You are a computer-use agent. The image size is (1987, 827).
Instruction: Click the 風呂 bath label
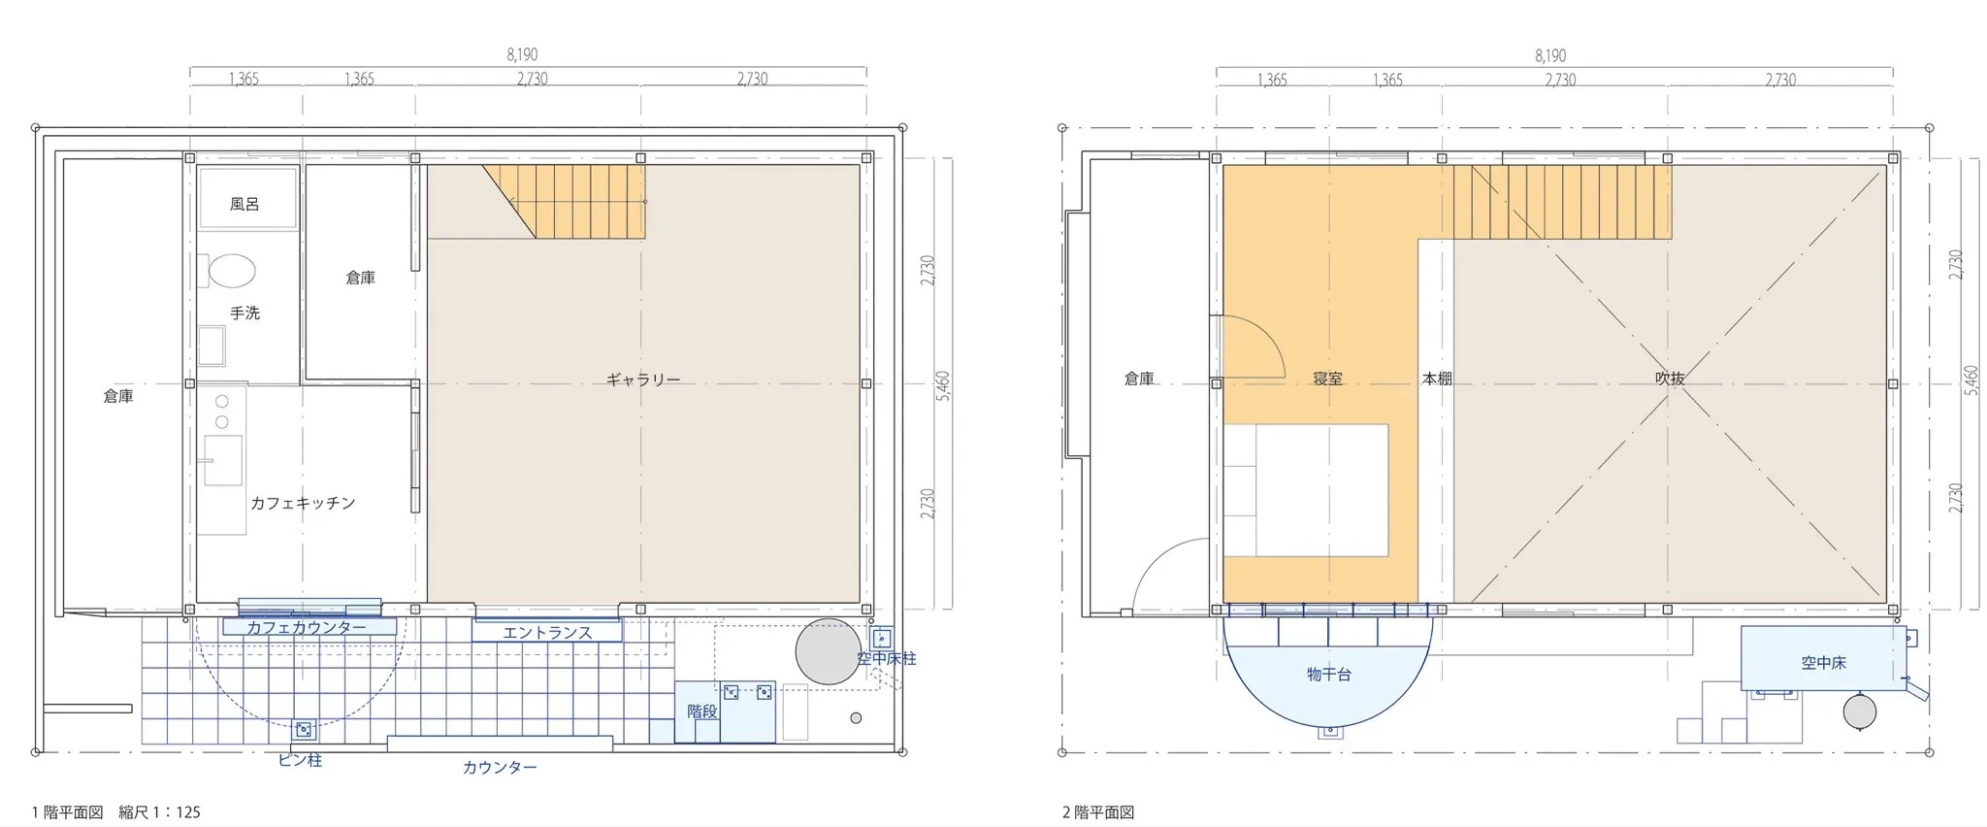tap(244, 205)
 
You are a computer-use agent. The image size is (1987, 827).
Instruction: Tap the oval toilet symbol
tap(233, 271)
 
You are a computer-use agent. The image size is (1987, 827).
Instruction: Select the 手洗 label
tap(244, 313)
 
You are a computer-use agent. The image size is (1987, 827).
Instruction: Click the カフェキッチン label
tap(303, 503)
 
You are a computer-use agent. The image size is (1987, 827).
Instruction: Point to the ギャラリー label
tap(643, 380)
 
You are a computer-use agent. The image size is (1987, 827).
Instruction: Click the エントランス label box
tap(547, 632)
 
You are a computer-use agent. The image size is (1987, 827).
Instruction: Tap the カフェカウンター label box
tap(309, 627)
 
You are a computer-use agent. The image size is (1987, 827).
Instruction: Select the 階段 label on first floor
tap(702, 711)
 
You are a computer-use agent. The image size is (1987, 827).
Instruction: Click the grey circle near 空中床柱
tap(828, 651)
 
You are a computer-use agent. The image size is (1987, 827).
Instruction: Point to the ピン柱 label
tap(300, 760)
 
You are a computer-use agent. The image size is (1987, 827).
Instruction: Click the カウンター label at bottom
tap(500, 767)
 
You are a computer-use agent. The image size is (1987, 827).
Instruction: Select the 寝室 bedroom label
tap(1327, 379)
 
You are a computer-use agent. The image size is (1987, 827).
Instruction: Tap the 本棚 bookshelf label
tap(1437, 379)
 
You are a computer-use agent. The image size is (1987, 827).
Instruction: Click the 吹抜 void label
tap(1670, 379)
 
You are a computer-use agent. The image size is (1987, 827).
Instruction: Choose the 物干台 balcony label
tap(1328, 674)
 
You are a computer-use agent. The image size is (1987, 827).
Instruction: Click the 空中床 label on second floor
tap(1823, 663)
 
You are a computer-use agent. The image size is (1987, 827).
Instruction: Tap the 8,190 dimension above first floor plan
tap(522, 55)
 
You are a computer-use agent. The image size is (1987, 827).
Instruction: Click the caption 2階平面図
tap(1098, 812)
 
